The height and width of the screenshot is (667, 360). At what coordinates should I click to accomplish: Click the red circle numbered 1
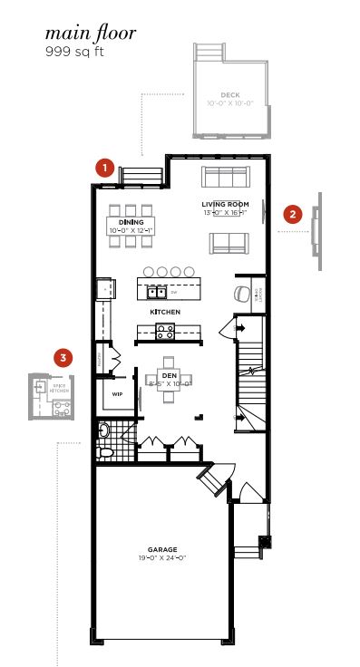(x=106, y=168)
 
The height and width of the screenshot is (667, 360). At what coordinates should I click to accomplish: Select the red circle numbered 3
(x=62, y=358)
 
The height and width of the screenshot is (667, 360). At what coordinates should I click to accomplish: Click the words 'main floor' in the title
(x=91, y=34)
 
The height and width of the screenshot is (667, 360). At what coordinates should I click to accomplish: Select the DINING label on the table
(x=131, y=222)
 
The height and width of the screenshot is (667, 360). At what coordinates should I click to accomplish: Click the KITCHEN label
(x=165, y=312)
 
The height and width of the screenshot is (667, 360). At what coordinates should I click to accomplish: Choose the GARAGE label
(x=163, y=549)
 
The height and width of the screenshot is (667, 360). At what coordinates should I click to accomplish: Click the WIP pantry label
(x=117, y=395)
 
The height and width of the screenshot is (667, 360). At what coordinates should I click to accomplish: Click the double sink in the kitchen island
(x=157, y=292)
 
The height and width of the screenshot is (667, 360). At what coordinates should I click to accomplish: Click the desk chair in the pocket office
(x=239, y=293)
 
